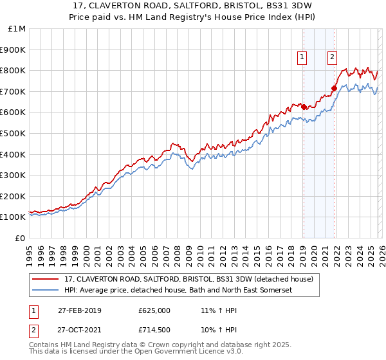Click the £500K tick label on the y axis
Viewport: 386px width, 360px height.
tap(13, 133)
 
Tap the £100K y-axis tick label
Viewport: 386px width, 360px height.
tap(13, 217)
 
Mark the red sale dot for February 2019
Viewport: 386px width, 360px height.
tap(304, 107)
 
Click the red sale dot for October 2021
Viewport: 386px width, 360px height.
tap(334, 88)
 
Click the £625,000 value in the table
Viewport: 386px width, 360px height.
tap(154, 310)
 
